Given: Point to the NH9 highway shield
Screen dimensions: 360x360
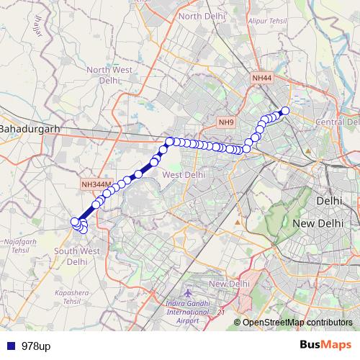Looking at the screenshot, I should tap(227, 123).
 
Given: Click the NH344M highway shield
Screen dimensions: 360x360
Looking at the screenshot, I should tap(96, 185).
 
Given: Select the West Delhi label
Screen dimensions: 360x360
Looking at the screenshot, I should tap(184, 174).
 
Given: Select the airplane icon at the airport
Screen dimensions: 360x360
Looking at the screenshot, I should tap(188, 294).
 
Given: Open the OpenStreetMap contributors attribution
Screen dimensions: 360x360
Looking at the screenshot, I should tap(297, 322).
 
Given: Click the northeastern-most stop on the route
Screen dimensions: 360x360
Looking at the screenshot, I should tap(284, 110).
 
